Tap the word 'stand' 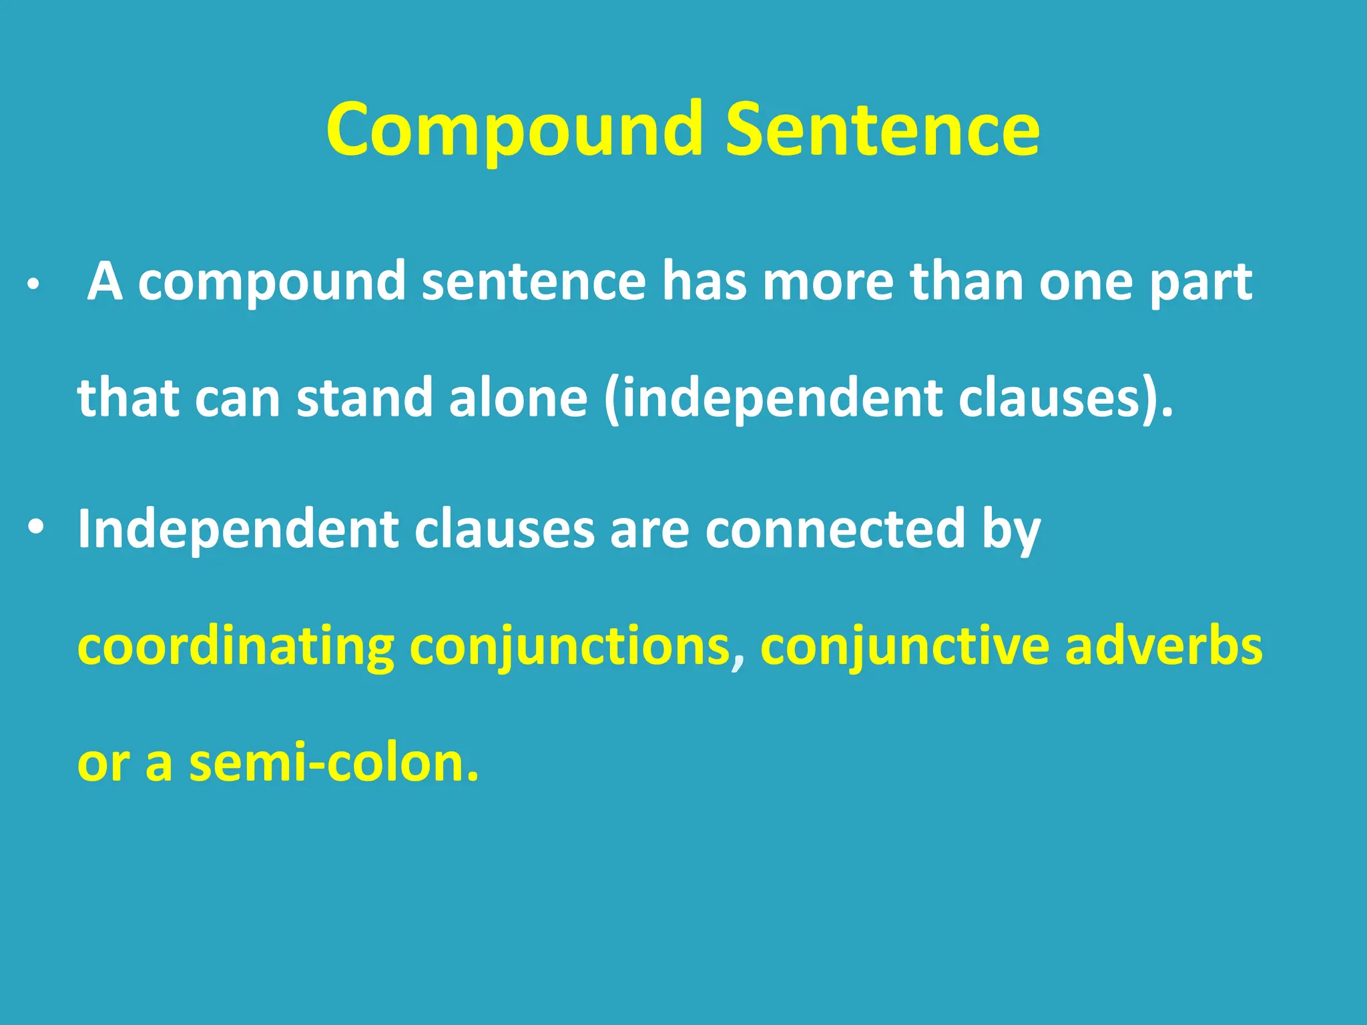[x=364, y=398]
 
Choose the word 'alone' [x=518, y=398]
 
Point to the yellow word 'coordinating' [x=236, y=647]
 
